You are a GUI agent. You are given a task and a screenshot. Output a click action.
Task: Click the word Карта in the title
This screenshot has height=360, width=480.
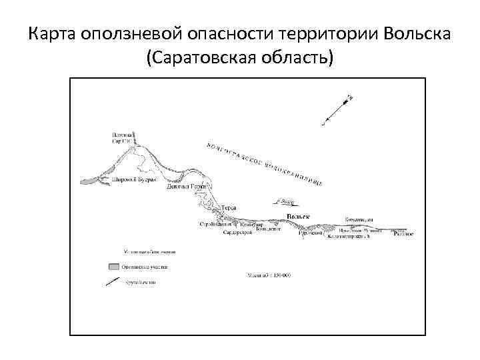coord(51,33)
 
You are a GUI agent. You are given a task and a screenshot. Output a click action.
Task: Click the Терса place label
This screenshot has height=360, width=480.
coord(229,208)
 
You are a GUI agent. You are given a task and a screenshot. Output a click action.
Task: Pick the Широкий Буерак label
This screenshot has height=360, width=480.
coord(134,181)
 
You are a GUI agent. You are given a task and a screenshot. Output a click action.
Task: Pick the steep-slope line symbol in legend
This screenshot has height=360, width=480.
coord(114,282)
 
